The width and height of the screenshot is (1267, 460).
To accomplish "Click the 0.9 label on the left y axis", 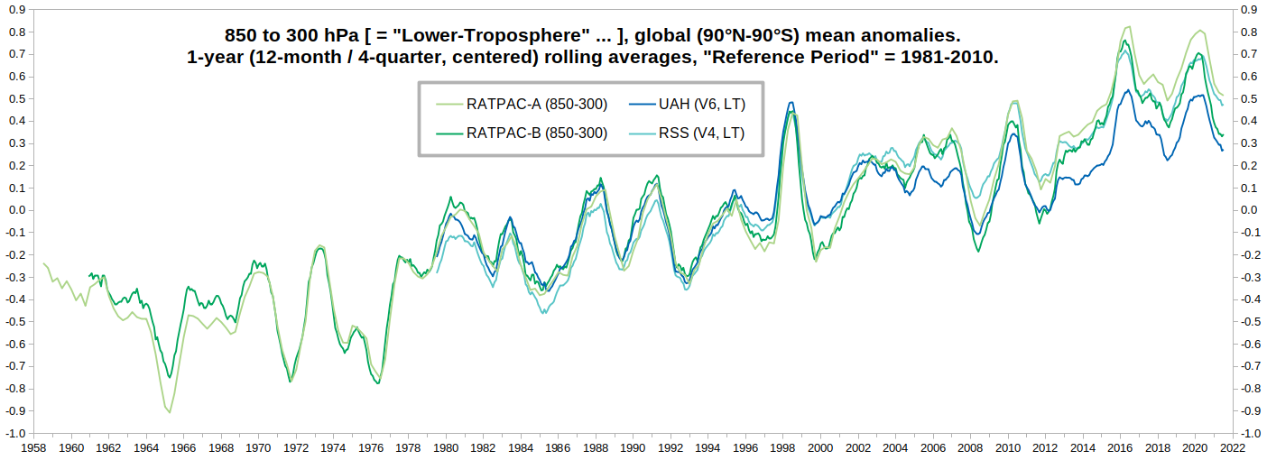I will click(20, 10).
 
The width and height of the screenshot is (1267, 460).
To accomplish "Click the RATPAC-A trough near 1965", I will click(169, 412).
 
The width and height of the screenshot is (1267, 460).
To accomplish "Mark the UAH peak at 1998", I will click(791, 103).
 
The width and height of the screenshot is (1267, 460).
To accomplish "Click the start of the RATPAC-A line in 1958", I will click(43, 263).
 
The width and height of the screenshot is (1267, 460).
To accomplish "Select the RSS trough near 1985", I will click(543, 313).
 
